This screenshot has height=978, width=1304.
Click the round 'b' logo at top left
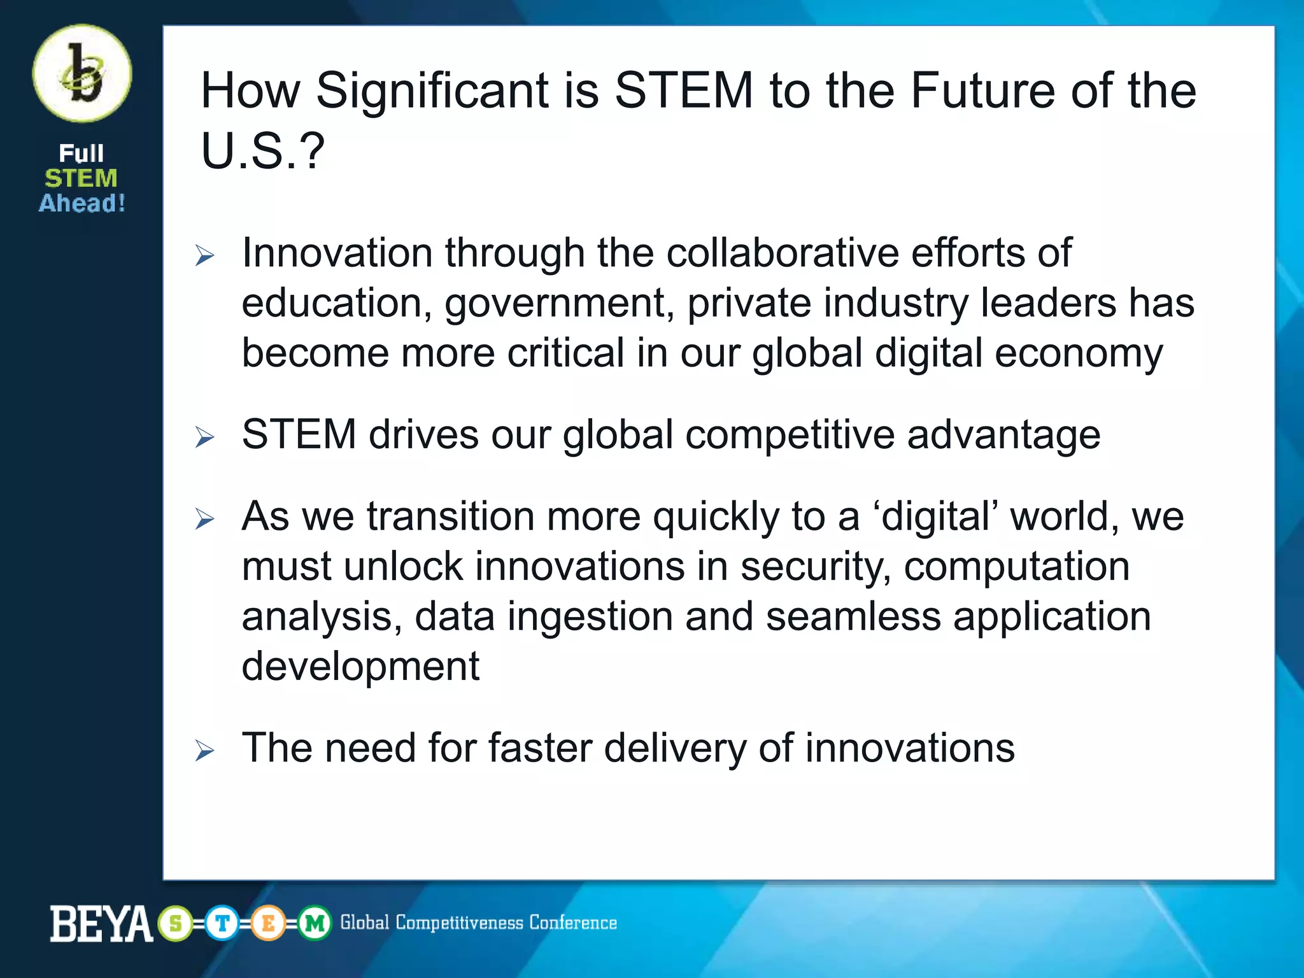coord(82,73)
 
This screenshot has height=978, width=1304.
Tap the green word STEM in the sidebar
coord(81,178)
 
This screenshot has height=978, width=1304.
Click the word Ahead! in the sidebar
coord(82,203)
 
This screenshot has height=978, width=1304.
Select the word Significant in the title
coord(432,91)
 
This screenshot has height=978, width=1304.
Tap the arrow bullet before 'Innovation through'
coord(204,256)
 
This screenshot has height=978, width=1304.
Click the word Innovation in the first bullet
coord(337,253)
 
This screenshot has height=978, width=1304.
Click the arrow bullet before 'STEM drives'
coord(204,437)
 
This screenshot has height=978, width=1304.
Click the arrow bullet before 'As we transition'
coord(204,519)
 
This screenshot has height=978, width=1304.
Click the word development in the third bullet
coord(360,667)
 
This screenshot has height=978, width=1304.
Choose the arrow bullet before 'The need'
coord(204,751)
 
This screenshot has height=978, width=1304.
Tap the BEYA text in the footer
coord(101,924)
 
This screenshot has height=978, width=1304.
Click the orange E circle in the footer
coord(268,923)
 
